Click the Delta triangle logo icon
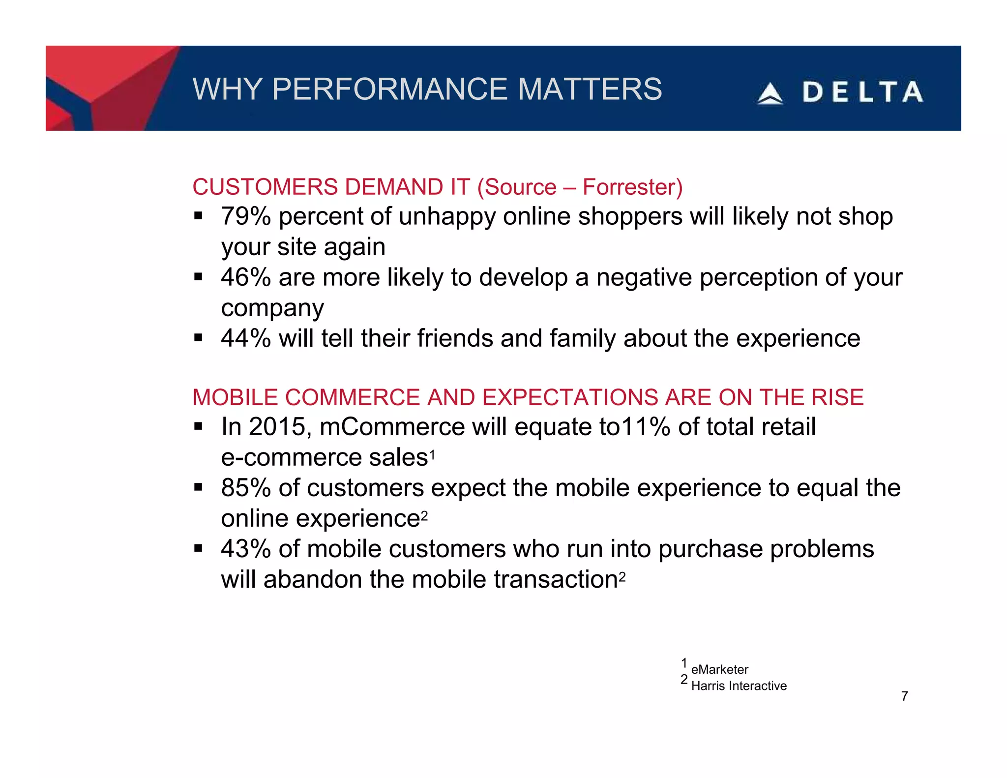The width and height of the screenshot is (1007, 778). pos(770,93)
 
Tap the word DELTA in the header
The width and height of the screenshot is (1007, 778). pos(862,92)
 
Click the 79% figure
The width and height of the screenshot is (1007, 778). pos(245,216)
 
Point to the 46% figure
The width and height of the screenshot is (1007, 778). pos(245,277)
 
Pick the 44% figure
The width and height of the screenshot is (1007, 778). pos(245,338)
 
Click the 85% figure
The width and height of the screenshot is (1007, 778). pos(245,488)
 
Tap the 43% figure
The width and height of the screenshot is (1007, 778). pos(245,549)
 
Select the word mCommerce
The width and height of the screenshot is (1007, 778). pos(392,427)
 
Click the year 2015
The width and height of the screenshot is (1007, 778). pos(279,427)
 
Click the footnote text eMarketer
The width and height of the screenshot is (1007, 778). pos(719,669)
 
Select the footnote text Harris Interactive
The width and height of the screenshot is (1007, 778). pos(739,686)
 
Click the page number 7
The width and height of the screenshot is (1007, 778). pos(904,696)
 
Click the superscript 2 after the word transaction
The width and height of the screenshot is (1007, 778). pos(622,577)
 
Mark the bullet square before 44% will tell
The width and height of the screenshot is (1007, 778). pos(198,338)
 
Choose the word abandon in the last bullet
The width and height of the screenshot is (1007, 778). pos(313,579)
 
